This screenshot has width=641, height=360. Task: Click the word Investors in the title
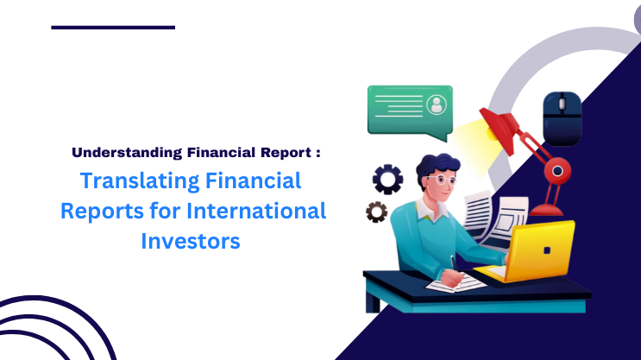tap(190, 241)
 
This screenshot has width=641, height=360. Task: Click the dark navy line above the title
tap(113, 28)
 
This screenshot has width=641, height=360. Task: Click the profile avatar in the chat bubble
tap(437, 105)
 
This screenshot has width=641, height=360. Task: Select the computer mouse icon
tap(562, 118)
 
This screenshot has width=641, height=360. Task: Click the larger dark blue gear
tap(387, 179)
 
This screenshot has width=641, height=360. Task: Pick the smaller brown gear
tap(376, 212)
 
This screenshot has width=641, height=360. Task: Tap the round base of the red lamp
tap(551, 210)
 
